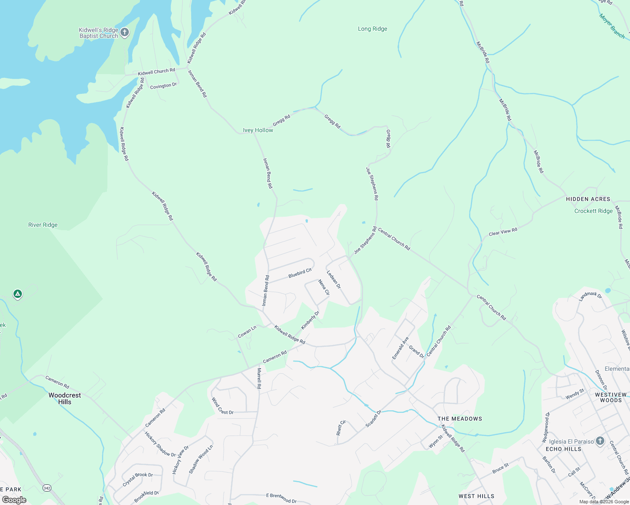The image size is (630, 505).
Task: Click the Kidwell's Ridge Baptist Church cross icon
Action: (125, 32)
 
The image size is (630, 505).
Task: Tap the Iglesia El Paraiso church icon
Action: (600, 441)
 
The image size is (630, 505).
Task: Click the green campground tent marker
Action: (17, 294)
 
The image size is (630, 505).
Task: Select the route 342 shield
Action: (47, 488)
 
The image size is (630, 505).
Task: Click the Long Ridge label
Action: (372, 29)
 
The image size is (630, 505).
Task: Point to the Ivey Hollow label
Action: (258, 130)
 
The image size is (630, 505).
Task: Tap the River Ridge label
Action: (43, 225)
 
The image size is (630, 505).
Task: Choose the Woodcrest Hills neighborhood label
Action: (65, 399)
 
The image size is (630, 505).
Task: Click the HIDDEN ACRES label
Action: (588, 199)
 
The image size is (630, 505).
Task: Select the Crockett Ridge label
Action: (593, 211)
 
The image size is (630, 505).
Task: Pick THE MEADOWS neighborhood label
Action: (459, 419)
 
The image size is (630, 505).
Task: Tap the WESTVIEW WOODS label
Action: (611, 397)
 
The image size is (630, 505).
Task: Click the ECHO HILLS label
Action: (563, 449)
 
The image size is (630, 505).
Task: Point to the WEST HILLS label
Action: (476, 496)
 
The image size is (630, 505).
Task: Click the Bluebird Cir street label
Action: (300, 273)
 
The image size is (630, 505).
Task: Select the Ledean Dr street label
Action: (334, 279)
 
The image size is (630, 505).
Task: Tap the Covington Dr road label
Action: (163, 86)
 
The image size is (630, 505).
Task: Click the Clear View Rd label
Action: (503, 232)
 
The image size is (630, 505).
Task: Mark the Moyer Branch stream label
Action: (612, 26)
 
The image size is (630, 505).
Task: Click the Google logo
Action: (14, 500)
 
